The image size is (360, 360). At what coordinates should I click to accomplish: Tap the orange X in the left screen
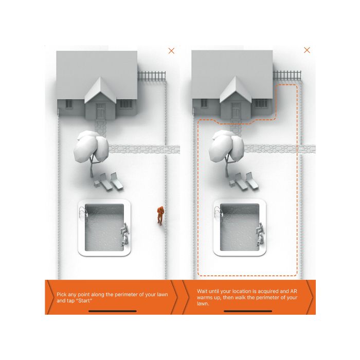click(171, 51)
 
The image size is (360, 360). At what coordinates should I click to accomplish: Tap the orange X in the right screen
click(307, 50)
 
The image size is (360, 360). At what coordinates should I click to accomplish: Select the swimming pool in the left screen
click(104, 227)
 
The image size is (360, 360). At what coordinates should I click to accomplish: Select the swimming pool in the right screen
click(240, 227)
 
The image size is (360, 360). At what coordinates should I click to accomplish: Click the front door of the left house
click(101, 111)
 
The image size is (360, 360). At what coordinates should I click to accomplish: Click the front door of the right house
click(236, 111)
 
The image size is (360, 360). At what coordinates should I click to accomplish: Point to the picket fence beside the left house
click(152, 76)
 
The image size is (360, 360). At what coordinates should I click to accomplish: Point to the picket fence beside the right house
click(287, 75)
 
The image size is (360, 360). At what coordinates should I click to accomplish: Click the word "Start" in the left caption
click(85, 301)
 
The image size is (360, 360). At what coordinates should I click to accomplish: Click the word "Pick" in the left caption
click(61, 295)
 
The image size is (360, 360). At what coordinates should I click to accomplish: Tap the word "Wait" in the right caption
click(202, 292)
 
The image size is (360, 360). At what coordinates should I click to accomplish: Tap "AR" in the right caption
click(294, 292)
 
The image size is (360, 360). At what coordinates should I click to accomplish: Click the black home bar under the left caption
click(113, 311)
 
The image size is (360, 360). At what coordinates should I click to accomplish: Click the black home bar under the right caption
click(248, 311)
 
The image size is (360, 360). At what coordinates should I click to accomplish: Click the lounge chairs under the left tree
click(109, 182)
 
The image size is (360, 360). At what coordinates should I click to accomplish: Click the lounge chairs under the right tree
click(244, 182)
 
